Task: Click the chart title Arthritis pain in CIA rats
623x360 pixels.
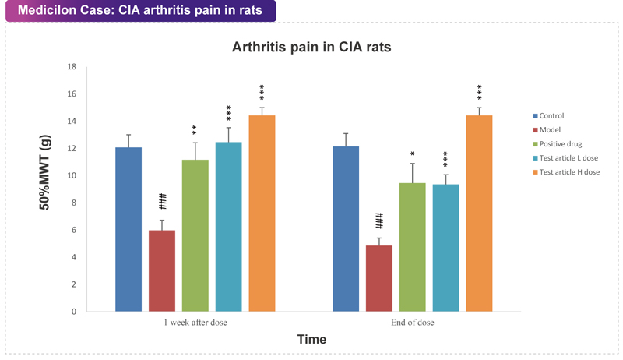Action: click(x=311, y=47)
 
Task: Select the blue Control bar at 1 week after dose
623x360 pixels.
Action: click(x=128, y=229)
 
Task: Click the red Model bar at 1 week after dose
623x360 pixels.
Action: click(x=162, y=270)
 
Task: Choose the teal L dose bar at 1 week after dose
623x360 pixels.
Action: click(x=229, y=227)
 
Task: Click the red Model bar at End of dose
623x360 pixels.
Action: click(x=378, y=278)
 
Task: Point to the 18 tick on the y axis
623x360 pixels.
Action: click(x=71, y=67)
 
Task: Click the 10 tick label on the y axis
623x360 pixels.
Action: click(x=71, y=176)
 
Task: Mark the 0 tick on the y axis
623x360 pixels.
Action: click(x=73, y=312)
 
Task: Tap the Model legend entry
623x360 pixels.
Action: click(x=550, y=130)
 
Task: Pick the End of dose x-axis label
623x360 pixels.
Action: click(x=413, y=323)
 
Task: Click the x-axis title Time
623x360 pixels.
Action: click(x=311, y=340)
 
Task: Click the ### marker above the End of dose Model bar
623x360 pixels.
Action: click(x=379, y=220)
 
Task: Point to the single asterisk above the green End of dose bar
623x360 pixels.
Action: click(x=413, y=154)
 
